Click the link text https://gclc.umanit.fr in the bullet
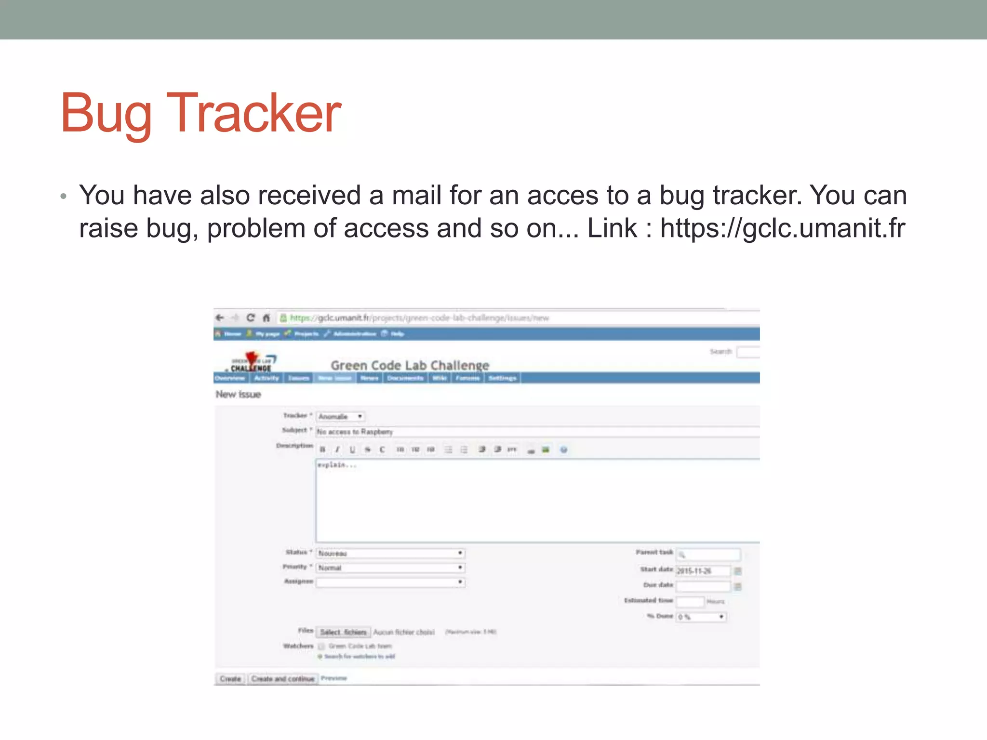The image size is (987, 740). (782, 228)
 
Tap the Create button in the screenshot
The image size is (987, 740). (230, 679)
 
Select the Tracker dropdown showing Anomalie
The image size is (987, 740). (340, 417)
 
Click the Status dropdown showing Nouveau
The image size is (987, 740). (390, 553)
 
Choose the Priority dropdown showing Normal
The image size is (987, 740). (390, 568)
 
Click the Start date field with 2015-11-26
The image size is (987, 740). (703, 571)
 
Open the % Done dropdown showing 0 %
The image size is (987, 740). (701, 617)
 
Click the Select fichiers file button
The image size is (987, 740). (343, 632)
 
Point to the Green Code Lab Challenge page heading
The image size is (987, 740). (410, 365)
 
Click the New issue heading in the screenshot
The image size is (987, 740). (238, 395)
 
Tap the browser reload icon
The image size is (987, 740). (251, 318)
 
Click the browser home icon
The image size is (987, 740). (266, 318)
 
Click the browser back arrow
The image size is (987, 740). (220, 318)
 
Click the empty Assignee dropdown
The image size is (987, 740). (390, 582)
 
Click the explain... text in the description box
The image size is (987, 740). (337, 465)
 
